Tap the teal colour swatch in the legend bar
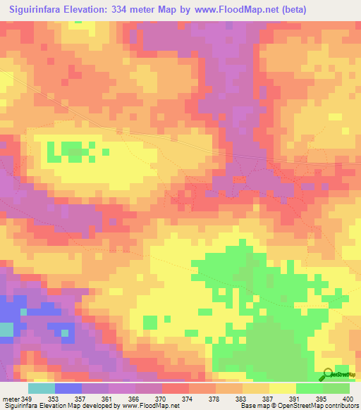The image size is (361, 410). [41, 388]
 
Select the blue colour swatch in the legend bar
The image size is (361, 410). [68, 388]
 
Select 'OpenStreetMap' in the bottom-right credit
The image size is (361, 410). [291, 406]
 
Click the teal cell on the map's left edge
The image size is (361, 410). [6, 330]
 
